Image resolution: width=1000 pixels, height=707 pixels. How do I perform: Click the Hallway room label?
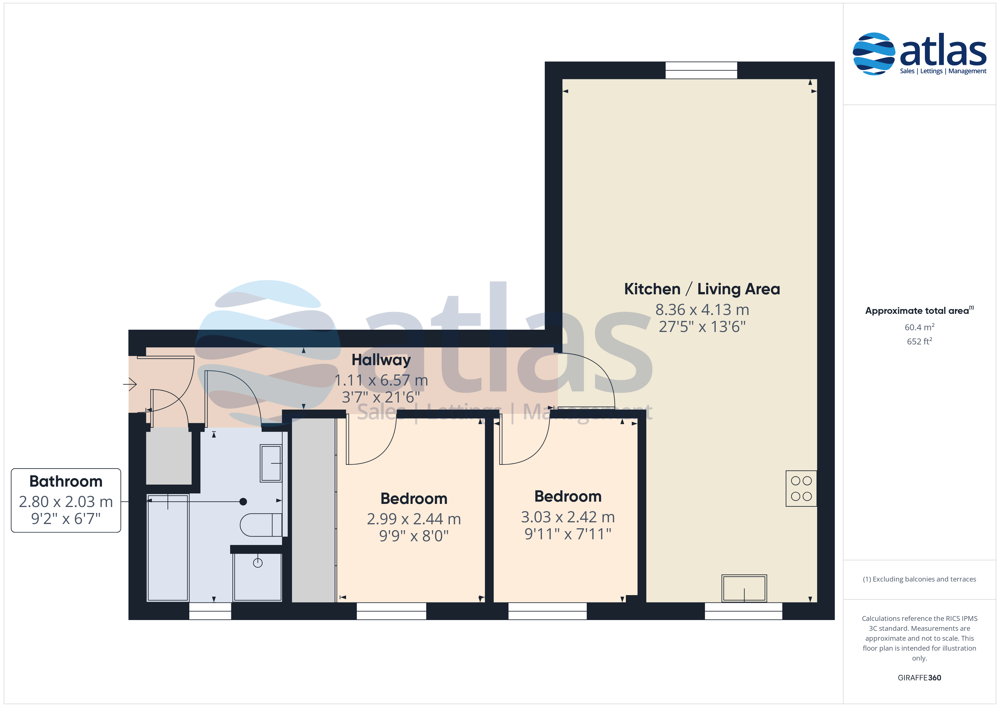point(381,360)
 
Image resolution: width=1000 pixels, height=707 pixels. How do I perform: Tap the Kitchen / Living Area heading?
point(702,289)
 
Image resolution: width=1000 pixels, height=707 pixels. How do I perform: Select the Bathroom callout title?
point(66,482)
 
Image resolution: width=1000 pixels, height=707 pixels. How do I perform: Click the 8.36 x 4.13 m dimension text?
point(702,310)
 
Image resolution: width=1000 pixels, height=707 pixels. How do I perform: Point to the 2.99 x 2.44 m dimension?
point(414,519)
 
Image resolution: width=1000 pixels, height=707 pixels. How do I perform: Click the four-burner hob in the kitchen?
point(801,488)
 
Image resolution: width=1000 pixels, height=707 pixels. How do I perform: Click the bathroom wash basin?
point(271,463)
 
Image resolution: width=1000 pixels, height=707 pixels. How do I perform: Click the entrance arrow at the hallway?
point(130,384)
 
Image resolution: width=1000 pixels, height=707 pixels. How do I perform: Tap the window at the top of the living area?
point(701,70)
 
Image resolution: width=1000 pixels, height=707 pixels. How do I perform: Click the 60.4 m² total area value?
point(920,327)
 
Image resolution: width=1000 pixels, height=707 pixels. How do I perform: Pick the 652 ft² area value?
point(920,341)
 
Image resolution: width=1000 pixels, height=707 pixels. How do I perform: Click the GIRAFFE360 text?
point(920,678)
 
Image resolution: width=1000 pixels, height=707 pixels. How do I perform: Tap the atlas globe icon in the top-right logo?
point(874,54)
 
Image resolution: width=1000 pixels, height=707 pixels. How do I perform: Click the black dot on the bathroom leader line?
point(243,502)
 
